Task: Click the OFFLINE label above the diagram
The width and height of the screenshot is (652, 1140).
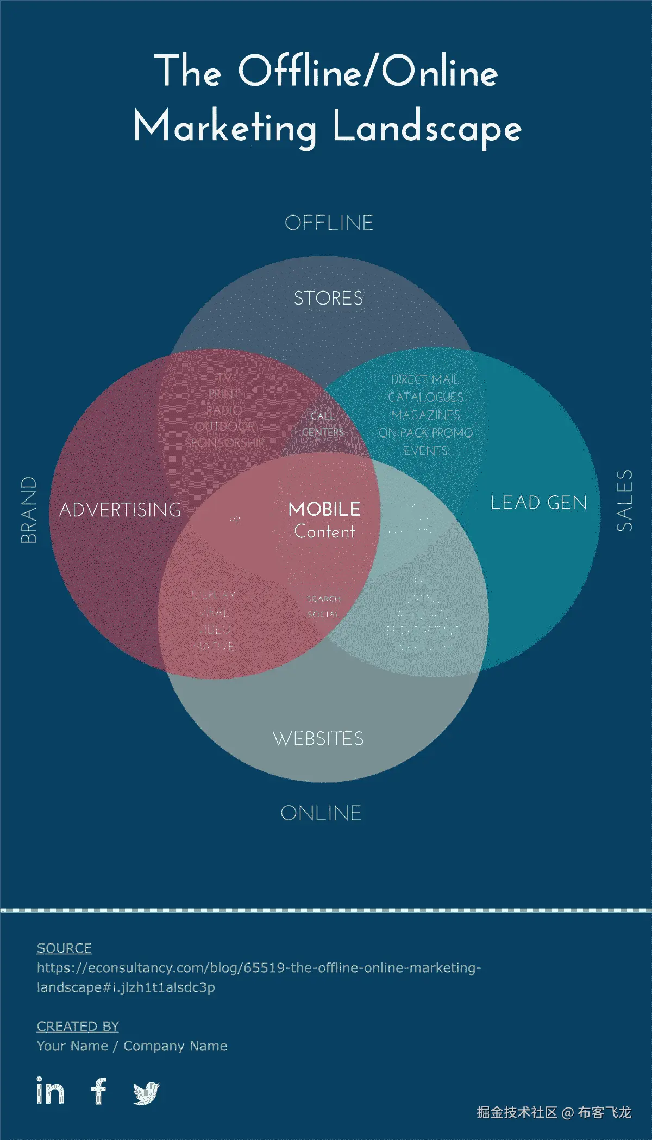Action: [x=329, y=223]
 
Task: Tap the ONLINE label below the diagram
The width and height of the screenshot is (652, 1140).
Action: [x=321, y=813]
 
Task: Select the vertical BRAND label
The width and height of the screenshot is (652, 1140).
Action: [x=29, y=510]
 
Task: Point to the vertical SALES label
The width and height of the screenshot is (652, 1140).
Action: [x=624, y=501]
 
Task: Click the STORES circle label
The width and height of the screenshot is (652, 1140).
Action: [x=328, y=298]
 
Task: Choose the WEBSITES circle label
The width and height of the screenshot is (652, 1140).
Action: [x=318, y=738]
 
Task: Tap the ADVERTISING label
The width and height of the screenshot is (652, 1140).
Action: [x=120, y=510]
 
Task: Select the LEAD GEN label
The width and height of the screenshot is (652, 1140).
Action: [x=538, y=503]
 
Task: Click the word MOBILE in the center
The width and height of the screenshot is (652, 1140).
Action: [x=324, y=509]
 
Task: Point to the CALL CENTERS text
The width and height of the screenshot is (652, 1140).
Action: [x=323, y=424]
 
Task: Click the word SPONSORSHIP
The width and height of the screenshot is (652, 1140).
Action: [x=224, y=443]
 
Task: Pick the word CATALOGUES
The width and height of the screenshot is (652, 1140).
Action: [x=425, y=397]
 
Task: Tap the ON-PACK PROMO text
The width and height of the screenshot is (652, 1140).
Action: [x=425, y=433]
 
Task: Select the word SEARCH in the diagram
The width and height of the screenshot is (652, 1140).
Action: [x=324, y=599]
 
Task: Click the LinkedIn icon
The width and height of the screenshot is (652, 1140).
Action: [x=50, y=1091]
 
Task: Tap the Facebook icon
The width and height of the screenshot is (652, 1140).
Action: [x=99, y=1091]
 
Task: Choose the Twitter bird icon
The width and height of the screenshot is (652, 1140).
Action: [x=146, y=1092]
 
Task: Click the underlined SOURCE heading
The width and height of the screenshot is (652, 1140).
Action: [x=64, y=948]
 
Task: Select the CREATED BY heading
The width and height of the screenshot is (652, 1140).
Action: [x=78, y=1027]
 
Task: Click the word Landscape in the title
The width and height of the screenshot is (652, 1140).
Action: [x=427, y=128]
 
